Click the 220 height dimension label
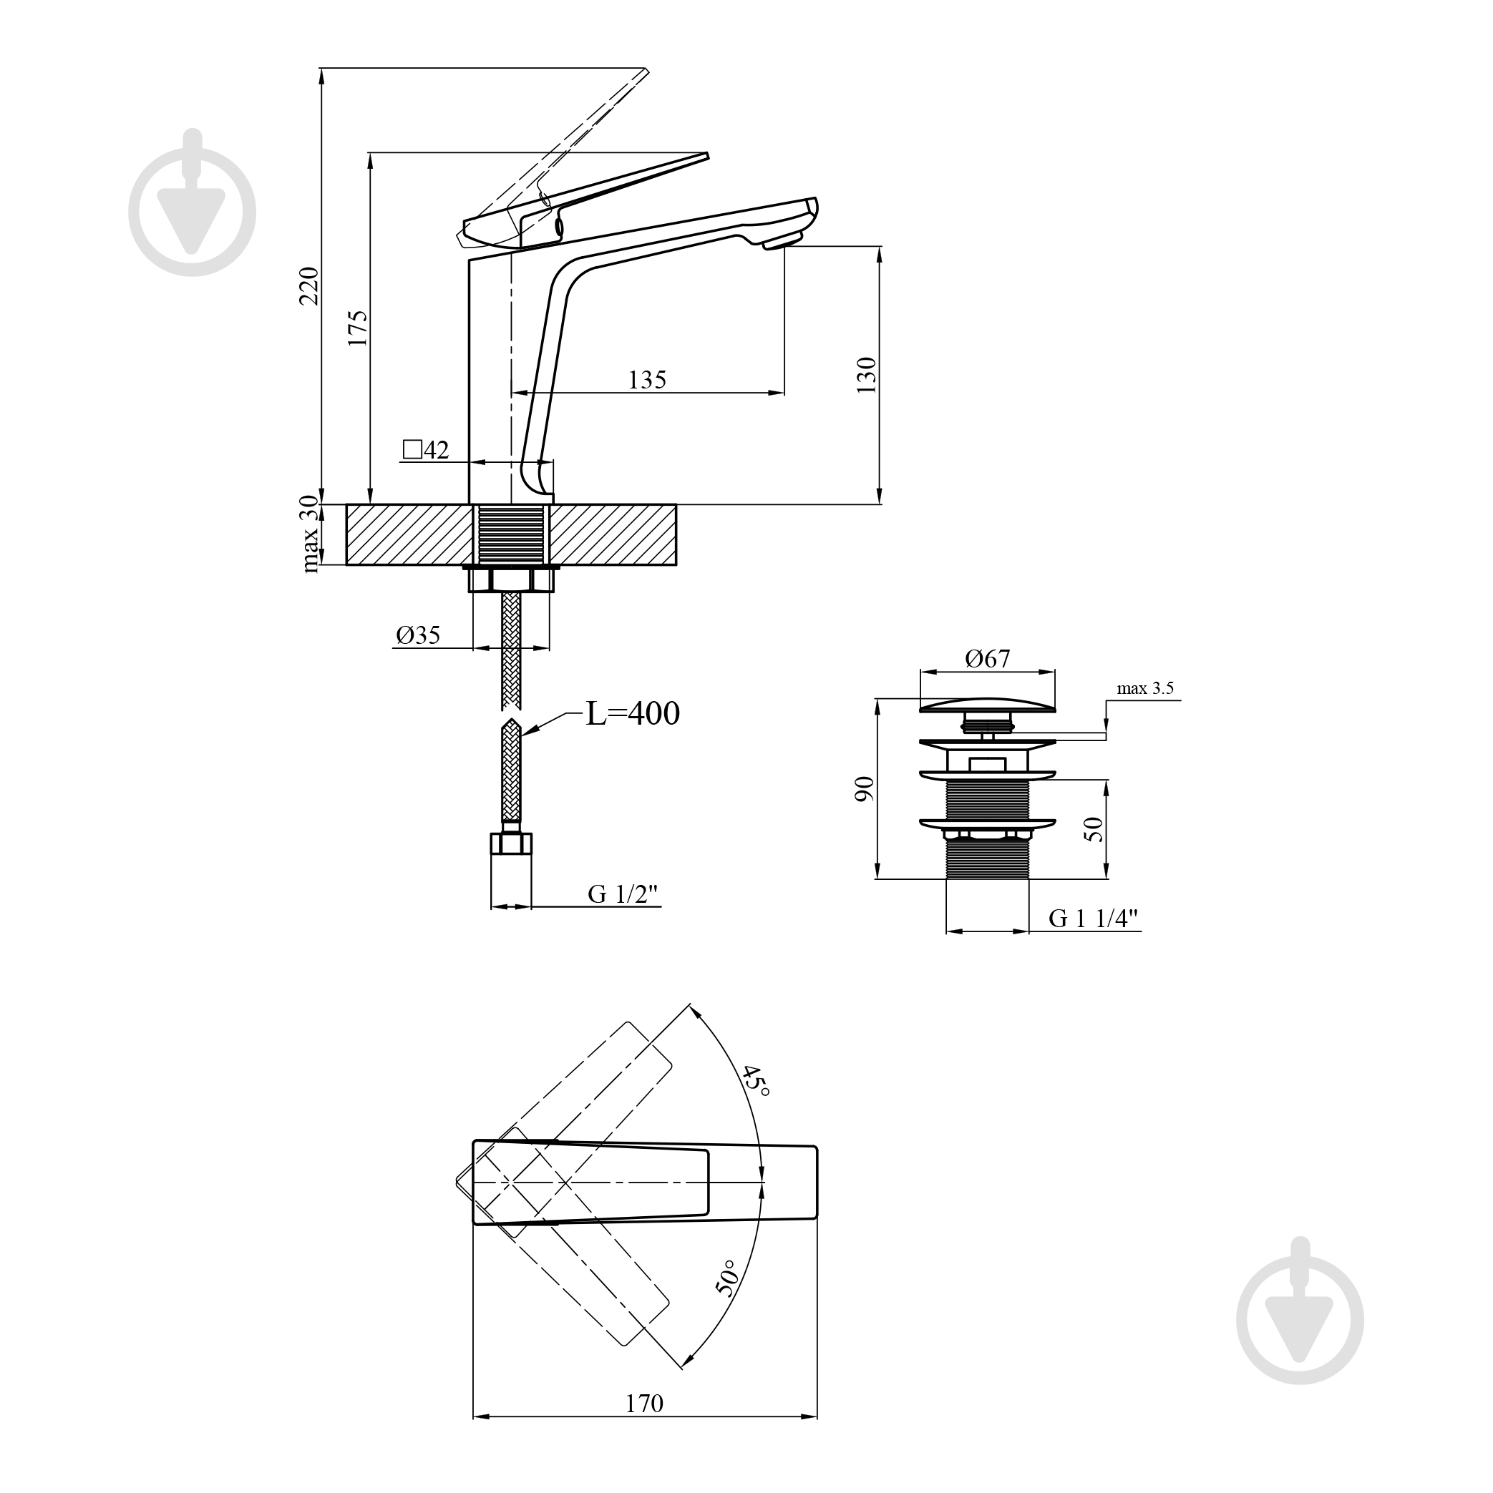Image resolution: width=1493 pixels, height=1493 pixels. coord(309,286)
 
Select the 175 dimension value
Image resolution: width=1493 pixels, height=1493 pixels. coord(358,328)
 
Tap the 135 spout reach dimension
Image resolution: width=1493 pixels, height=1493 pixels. coord(647,379)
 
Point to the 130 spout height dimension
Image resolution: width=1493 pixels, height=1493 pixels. coord(867,375)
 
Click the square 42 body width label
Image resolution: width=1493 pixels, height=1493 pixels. coord(426,449)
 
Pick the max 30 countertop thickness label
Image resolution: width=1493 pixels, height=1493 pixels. coord(309,534)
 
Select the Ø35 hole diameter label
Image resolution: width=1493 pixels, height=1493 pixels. coord(418,635)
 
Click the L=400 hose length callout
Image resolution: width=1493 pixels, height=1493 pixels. coord(633,713)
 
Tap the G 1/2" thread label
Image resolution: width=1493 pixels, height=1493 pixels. coord(623,894)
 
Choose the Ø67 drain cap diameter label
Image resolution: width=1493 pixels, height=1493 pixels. coord(988,658)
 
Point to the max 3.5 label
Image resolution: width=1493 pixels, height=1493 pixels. coord(1146,687)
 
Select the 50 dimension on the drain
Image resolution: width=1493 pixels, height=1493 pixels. coord(1094,829)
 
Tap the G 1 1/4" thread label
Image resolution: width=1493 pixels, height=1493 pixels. coord(1094,918)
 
